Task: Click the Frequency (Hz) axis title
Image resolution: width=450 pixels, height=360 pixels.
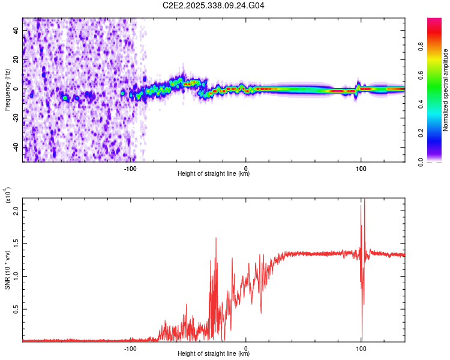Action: (8, 90)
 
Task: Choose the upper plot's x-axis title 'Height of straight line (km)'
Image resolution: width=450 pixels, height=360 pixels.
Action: (214, 174)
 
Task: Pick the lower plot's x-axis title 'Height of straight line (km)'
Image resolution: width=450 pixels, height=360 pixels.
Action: (214, 354)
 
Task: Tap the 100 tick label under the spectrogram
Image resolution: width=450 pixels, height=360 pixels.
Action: (361, 168)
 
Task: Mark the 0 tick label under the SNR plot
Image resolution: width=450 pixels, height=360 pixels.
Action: (246, 347)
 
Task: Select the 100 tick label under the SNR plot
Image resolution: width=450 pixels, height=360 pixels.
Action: (361, 347)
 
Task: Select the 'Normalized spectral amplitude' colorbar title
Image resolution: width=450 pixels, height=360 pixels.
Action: (446, 90)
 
